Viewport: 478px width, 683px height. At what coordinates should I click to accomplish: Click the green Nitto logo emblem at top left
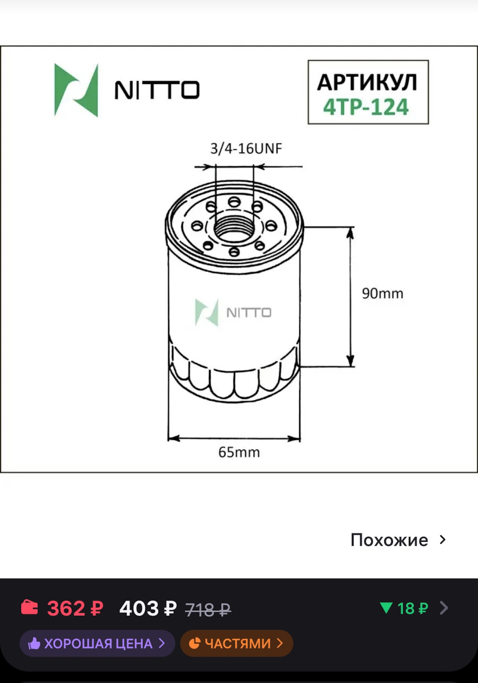pos(76,90)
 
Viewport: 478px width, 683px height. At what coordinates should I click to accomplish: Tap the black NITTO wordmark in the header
pos(157,90)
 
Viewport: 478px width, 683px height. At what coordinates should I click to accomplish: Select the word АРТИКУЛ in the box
pos(367,82)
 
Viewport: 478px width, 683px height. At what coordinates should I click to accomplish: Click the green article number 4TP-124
pos(366,107)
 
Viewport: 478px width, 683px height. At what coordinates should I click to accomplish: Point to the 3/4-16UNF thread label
pos(246,148)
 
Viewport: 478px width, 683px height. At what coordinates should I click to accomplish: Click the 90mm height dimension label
pos(382,293)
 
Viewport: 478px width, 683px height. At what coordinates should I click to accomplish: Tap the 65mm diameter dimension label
pos(239,452)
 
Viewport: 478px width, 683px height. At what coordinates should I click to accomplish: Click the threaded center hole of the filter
pos(234,228)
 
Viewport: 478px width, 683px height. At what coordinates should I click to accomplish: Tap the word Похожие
pos(389,540)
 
